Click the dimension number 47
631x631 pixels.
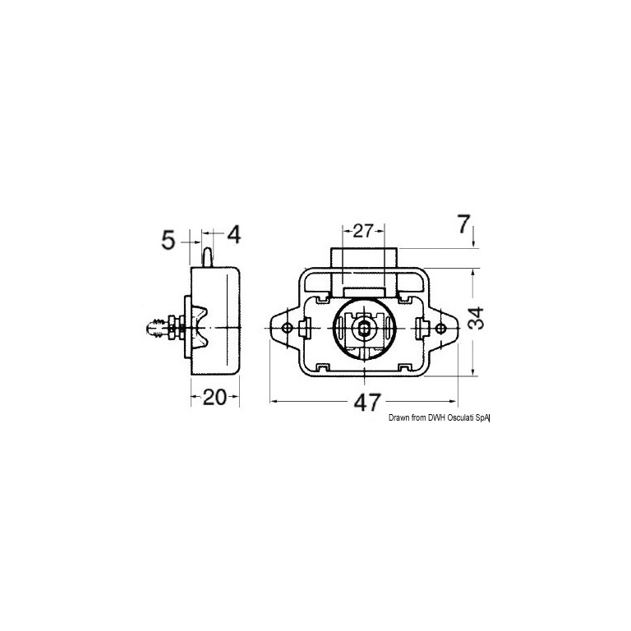367,403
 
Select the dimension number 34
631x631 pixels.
477,318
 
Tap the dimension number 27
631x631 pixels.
364,232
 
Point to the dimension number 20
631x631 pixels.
215,398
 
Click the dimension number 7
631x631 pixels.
463,224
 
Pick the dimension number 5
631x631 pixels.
168,241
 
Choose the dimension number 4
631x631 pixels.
234,235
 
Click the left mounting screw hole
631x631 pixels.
287,328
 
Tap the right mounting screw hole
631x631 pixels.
440,329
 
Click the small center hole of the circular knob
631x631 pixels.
364,328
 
